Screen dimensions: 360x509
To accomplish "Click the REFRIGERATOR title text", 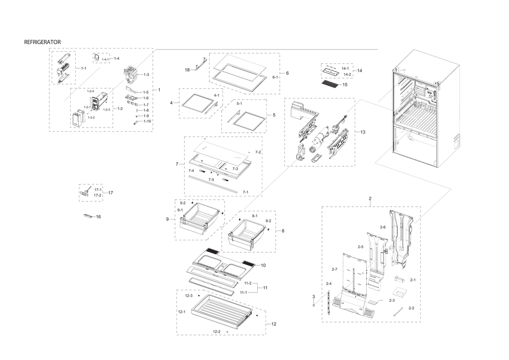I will (x=42, y=42).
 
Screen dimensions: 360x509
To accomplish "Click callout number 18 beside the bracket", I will (x=188, y=70).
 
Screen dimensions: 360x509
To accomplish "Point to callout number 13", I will (x=363, y=132).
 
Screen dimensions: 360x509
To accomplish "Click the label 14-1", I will (x=345, y=68).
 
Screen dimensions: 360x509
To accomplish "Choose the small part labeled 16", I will (x=88, y=216).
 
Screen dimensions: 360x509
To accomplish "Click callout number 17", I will (x=111, y=193).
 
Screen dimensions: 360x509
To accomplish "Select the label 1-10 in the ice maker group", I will (x=147, y=121).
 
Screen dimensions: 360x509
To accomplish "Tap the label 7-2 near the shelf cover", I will (x=258, y=152).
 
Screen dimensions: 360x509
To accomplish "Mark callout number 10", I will (x=263, y=265).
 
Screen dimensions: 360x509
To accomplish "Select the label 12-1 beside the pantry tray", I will (x=182, y=312).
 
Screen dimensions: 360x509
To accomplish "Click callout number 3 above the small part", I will (x=314, y=296).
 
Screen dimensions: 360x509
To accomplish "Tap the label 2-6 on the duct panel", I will (x=383, y=227).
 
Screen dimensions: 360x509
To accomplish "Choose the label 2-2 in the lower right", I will (x=411, y=308).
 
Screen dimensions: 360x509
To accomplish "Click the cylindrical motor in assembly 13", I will (x=319, y=138).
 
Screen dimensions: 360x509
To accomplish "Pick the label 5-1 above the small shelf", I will (x=240, y=104).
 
